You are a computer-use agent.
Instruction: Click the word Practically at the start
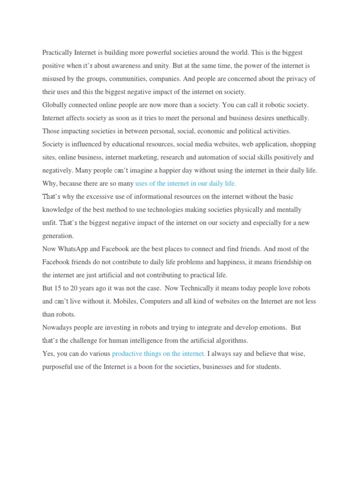57,53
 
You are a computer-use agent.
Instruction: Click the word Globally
56,105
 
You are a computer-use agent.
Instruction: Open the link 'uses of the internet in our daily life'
186,184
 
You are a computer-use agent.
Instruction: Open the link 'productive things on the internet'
158,354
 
